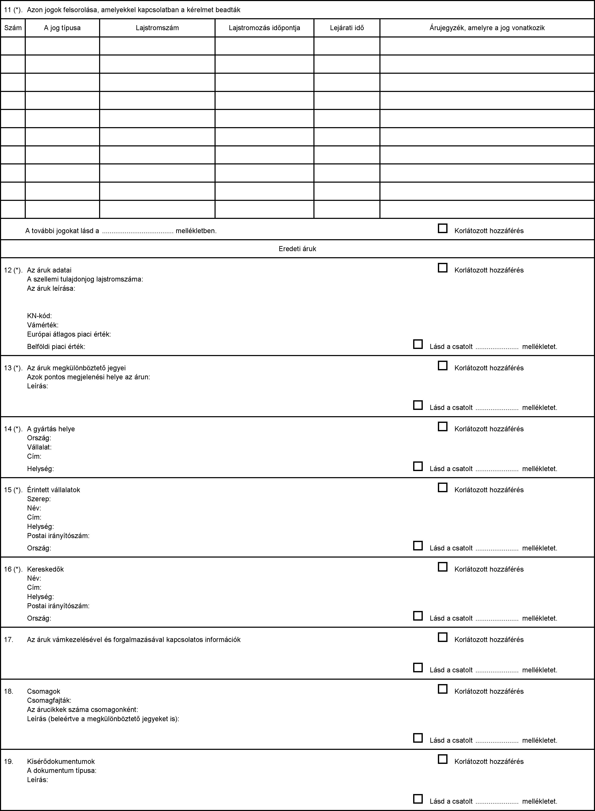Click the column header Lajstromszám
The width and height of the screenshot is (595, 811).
tap(157, 28)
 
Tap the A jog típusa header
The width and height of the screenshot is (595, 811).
tap(62, 28)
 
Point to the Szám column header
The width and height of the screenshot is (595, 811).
tap(13, 28)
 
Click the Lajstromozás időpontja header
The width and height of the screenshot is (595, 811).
tap(264, 28)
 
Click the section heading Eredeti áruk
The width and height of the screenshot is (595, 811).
tap(297, 248)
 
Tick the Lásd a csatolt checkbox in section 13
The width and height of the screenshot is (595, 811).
tap(418, 405)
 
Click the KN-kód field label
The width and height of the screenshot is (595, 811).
tap(39, 316)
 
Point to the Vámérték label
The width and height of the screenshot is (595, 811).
tap(43, 325)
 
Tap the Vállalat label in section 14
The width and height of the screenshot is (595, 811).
tap(39, 447)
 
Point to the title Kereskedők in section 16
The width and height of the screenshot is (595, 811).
tap(45, 569)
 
